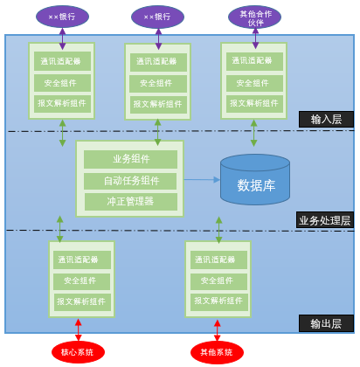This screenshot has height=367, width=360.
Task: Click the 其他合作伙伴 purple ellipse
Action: (254, 17)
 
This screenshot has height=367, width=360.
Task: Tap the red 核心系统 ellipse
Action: (78, 352)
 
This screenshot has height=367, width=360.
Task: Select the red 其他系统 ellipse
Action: (217, 352)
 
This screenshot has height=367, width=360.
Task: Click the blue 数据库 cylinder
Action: (255, 180)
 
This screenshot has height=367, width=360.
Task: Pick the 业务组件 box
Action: (130, 159)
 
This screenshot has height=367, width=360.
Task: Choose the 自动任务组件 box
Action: (130, 181)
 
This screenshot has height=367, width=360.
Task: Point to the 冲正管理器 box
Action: (131, 202)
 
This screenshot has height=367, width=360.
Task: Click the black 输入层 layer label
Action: (326, 120)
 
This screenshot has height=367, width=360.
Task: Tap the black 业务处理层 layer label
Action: (325, 220)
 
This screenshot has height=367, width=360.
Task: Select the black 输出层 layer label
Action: (326, 323)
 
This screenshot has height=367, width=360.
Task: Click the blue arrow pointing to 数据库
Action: (202, 180)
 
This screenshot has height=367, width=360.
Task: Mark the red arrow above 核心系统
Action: (79, 329)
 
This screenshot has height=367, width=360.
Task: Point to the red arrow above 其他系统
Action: (218, 330)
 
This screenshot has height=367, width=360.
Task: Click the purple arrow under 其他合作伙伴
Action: (255, 38)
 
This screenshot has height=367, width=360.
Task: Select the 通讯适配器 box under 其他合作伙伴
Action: (254, 61)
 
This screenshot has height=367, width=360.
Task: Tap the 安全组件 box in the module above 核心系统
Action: (82, 281)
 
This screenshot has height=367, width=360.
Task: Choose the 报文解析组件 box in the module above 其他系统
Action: (218, 301)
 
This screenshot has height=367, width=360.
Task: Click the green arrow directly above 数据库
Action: (254, 133)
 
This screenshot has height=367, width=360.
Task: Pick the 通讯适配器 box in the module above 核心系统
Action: (82, 260)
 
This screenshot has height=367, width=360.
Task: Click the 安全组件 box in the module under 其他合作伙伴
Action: (254, 83)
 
